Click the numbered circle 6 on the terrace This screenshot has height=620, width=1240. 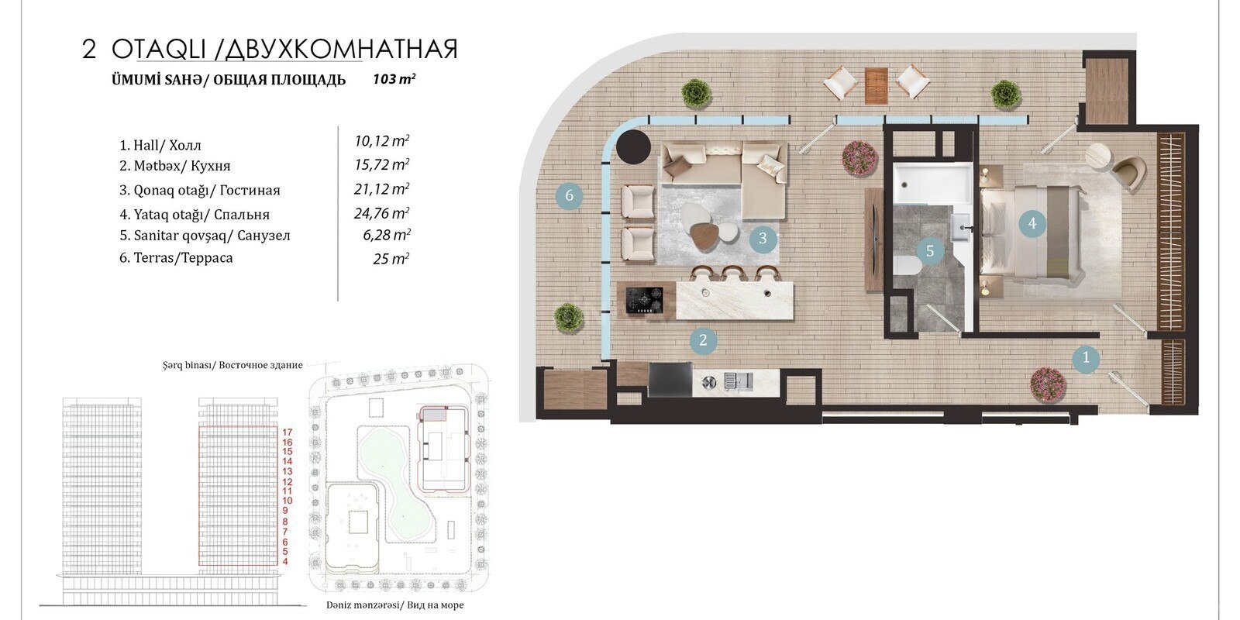(569, 195)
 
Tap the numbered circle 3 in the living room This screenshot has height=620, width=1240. (763, 239)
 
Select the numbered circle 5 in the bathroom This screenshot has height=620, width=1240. (930, 251)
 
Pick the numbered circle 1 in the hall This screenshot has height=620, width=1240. (1086, 358)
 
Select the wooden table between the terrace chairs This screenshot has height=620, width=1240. (877, 85)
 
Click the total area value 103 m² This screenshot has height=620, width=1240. (394, 79)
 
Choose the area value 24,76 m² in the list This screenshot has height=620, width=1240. (381, 213)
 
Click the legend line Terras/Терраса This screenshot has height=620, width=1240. (176, 258)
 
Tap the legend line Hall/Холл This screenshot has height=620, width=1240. (160, 146)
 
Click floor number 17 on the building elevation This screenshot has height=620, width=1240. (287, 432)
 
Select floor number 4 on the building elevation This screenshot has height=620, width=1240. (285, 562)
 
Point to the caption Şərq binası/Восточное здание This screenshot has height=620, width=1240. (232, 365)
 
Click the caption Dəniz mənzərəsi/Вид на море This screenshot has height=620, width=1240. (394, 605)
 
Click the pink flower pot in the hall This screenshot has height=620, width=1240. (1048, 384)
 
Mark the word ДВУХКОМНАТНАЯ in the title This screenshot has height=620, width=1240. (342, 50)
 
